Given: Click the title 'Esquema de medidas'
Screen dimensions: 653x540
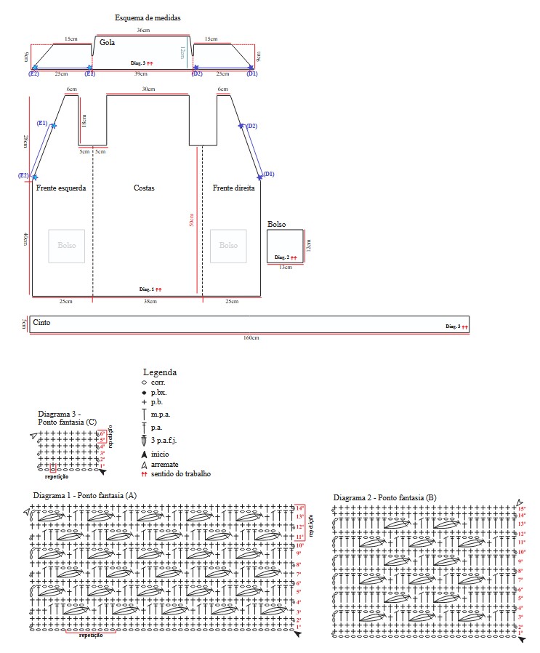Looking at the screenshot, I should (x=148, y=17).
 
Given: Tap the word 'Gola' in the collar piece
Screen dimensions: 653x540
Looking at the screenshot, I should (x=108, y=43).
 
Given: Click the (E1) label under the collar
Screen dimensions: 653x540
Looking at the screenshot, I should (x=89, y=74).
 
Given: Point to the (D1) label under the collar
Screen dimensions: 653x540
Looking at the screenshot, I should (x=252, y=74).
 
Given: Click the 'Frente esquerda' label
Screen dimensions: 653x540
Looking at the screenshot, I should (x=61, y=188).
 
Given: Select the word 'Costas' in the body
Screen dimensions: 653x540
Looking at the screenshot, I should (x=144, y=188).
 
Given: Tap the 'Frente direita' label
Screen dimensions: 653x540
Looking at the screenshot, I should (x=233, y=188).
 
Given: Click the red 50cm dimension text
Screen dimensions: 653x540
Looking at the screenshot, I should (x=191, y=220).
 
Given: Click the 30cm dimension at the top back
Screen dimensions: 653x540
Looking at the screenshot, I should (x=148, y=89).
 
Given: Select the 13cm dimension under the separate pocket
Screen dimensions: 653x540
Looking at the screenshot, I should (x=285, y=268).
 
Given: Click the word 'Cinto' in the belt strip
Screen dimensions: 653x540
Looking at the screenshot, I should (x=41, y=322).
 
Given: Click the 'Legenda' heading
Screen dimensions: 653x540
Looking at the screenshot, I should (x=160, y=372).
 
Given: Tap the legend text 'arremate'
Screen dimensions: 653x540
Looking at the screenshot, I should (x=165, y=464).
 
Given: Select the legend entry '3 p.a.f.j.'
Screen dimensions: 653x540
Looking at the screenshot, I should (x=164, y=441).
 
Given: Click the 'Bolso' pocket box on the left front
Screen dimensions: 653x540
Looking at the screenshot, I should (x=67, y=246).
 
